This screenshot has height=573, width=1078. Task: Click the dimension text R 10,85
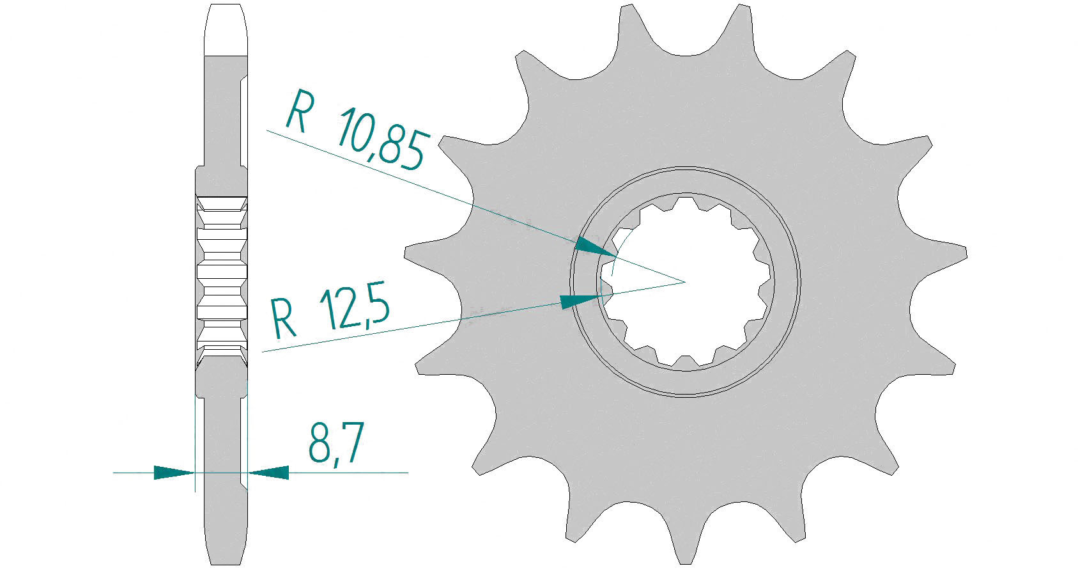point(356,130)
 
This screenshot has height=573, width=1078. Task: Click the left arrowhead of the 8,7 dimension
point(174,473)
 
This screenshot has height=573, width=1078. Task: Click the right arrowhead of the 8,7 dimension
point(268,473)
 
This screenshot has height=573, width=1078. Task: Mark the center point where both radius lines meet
point(684,281)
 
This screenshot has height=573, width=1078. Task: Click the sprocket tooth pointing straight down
point(685,539)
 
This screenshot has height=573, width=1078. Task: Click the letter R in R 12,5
point(283,318)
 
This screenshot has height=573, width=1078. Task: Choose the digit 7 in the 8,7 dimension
point(352,442)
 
